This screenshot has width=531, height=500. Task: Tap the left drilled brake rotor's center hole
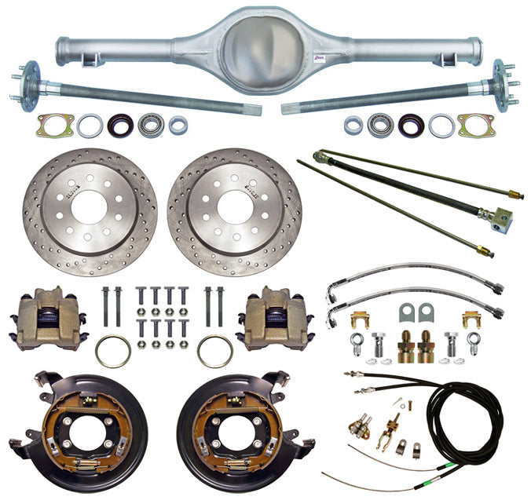click(90, 210)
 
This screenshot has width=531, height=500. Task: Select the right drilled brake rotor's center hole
click(234, 210)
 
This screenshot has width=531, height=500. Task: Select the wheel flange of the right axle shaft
click(500, 80)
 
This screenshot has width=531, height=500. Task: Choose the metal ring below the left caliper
click(112, 351)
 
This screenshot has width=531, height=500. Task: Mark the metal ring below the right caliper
click(214, 351)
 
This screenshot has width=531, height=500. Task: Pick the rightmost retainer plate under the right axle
click(476, 125)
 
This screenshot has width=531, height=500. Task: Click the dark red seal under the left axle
click(120, 124)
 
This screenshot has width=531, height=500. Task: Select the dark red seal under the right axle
click(411, 124)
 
